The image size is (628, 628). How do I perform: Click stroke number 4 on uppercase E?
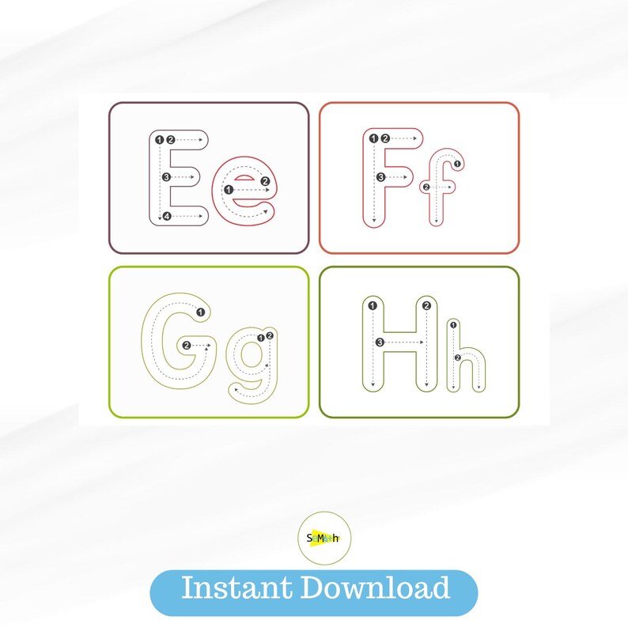[166, 216]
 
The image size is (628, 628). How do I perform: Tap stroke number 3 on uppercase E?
[166, 177]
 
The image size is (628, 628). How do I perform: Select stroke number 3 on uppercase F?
[380, 177]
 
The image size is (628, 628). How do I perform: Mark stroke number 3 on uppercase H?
[380, 342]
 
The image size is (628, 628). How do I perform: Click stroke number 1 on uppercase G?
[201, 312]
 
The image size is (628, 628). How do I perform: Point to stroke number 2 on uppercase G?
[187, 346]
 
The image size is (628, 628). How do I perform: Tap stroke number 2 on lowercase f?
[427, 187]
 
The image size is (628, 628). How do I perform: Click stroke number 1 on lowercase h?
[452, 324]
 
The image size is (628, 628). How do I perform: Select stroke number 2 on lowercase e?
[266, 181]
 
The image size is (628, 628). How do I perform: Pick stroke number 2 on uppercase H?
[427, 306]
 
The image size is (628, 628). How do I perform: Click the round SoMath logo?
[323, 538]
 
